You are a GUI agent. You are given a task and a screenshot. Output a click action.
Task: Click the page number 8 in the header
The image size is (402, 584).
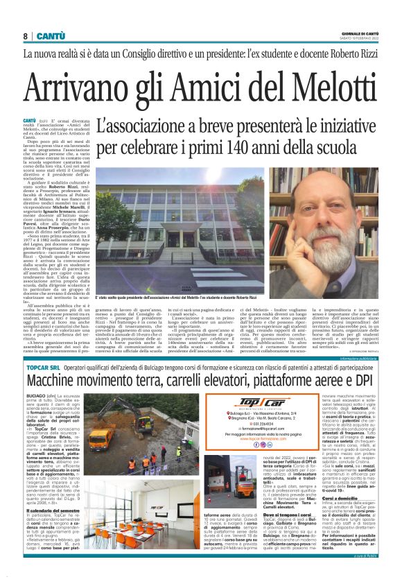pos(26,35)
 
